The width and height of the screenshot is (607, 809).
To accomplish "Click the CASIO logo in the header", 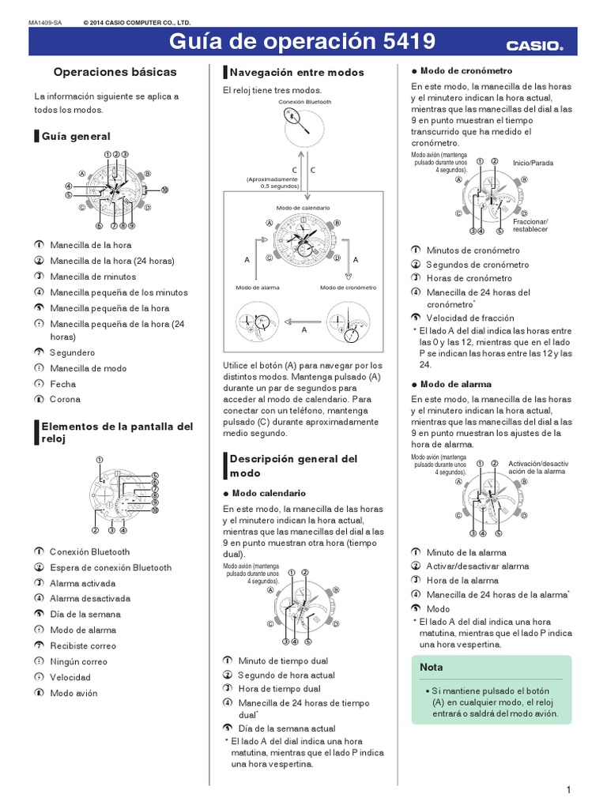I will [x=535, y=45].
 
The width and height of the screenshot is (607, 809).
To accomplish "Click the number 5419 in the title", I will [x=400, y=43].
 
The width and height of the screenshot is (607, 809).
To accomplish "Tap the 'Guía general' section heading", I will [x=80, y=137].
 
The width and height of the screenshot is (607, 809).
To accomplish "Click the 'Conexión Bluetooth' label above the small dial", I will [x=304, y=102].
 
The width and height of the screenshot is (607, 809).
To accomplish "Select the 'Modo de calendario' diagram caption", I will [x=303, y=207].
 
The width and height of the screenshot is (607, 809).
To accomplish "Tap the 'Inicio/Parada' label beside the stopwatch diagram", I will [x=533, y=163].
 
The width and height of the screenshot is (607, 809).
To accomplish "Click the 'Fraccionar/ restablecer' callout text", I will [x=530, y=225].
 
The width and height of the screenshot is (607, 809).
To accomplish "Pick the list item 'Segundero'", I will [x=72, y=352].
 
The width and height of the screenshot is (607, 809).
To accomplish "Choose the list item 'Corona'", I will [x=65, y=400].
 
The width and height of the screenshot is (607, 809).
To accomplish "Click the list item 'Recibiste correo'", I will [x=82, y=645].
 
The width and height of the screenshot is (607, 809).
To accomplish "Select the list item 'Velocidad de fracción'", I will [x=469, y=318].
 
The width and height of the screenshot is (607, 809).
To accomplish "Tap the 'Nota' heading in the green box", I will [x=432, y=667].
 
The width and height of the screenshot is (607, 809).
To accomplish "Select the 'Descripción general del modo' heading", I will [x=293, y=465].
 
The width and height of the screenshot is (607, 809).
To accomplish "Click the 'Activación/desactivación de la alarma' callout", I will [x=537, y=466].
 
